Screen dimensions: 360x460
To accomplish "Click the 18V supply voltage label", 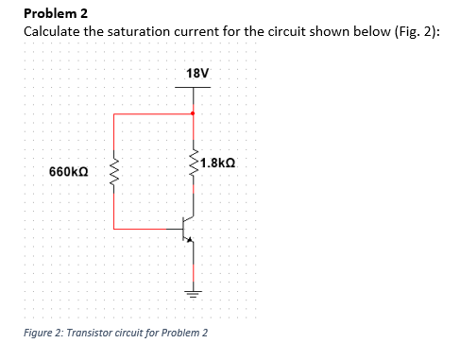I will [198, 73].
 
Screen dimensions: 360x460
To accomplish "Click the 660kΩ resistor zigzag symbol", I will [114, 172].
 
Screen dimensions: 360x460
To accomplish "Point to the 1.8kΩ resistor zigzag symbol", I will [194, 163].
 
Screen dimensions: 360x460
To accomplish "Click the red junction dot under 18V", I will [194, 114].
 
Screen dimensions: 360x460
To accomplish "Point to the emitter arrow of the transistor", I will [193, 240].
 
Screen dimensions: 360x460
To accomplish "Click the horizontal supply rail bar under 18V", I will [194, 88].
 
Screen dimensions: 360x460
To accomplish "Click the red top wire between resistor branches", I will [153, 114].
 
